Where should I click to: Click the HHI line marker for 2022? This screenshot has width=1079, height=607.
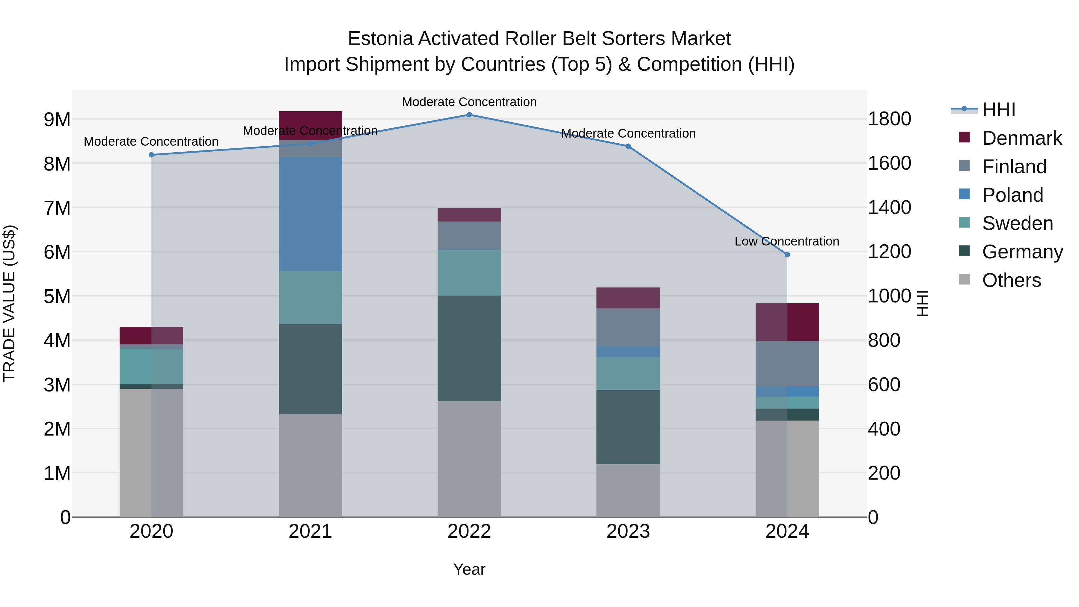[x=469, y=115]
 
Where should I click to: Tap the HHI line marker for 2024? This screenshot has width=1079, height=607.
[x=787, y=255]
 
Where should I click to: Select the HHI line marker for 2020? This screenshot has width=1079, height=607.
[x=152, y=155]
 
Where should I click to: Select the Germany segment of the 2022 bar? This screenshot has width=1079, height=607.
[x=469, y=349]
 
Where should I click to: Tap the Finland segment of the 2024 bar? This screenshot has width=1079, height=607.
[x=787, y=364]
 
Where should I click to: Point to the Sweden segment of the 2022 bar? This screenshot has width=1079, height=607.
[x=469, y=273]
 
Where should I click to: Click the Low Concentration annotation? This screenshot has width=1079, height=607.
[x=787, y=242]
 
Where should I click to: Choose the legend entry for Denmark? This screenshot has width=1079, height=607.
[x=1022, y=138]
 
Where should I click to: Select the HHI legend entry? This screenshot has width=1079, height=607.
[x=999, y=110]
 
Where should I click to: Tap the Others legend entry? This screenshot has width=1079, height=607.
[x=1011, y=280]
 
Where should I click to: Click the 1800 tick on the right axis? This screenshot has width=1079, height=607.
[x=889, y=119]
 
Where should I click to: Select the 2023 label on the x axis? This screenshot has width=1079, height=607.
[x=628, y=531]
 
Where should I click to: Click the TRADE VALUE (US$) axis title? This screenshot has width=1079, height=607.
[x=10, y=303]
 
